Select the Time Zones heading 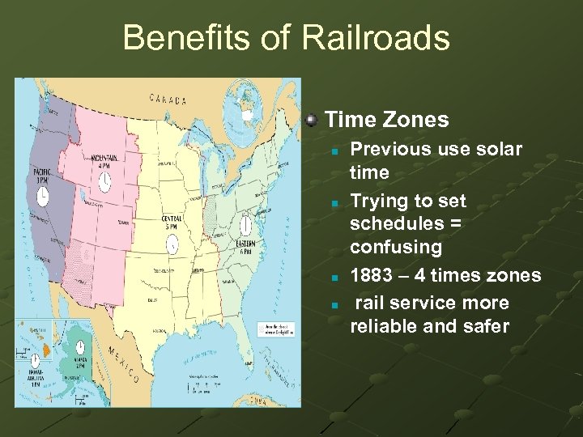[x=386, y=120]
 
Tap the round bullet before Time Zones [x=311, y=120]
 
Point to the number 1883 [x=376, y=275]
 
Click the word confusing [x=396, y=246]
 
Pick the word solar [x=500, y=149]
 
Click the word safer [x=486, y=326]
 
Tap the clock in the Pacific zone [x=41, y=194]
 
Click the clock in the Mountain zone [x=105, y=183]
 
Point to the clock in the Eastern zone [x=245, y=224]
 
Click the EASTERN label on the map [x=245, y=244]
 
